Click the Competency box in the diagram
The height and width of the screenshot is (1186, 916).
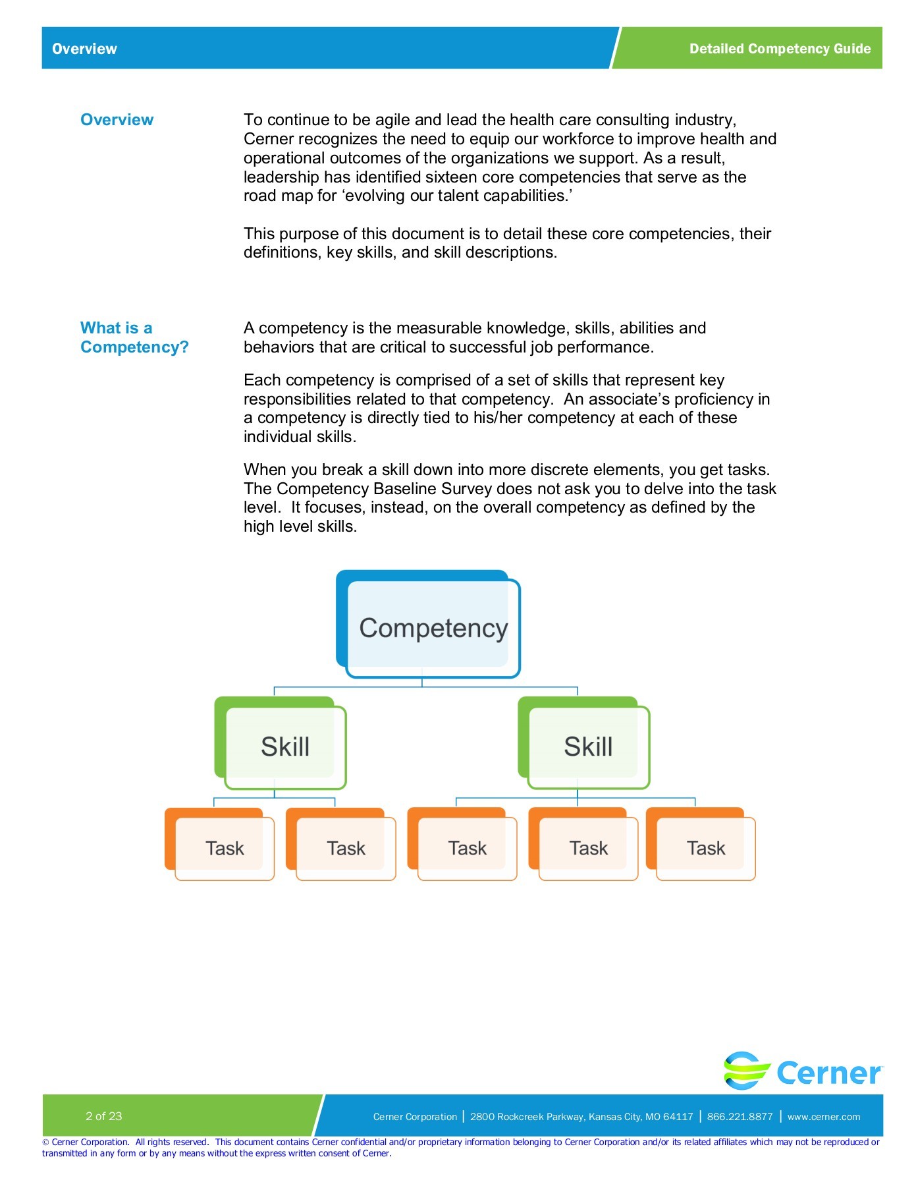(x=432, y=627)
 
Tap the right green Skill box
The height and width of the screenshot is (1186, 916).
(x=587, y=747)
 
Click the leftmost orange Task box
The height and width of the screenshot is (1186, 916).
(x=224, y=848)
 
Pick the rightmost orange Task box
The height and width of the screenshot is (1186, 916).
(x=705, y=848)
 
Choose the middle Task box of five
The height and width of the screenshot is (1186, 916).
(x=467, y=848)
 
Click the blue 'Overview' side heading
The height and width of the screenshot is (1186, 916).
(x=117, y=120)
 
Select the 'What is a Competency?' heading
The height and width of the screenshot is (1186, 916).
(x=134, y=337)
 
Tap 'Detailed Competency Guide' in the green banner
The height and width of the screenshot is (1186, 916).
(x=780, y=49)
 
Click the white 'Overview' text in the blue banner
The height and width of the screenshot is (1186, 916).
(x=84, y=49)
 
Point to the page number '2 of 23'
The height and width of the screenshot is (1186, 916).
(x=104, y=1116)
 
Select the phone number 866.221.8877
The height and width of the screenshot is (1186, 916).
(x=740, y=1117)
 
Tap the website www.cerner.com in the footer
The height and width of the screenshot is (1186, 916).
(x=823, y=1117)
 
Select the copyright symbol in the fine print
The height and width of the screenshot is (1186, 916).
(x=46, y=1143)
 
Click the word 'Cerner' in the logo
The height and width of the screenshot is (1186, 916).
(x=828, y=1073)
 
